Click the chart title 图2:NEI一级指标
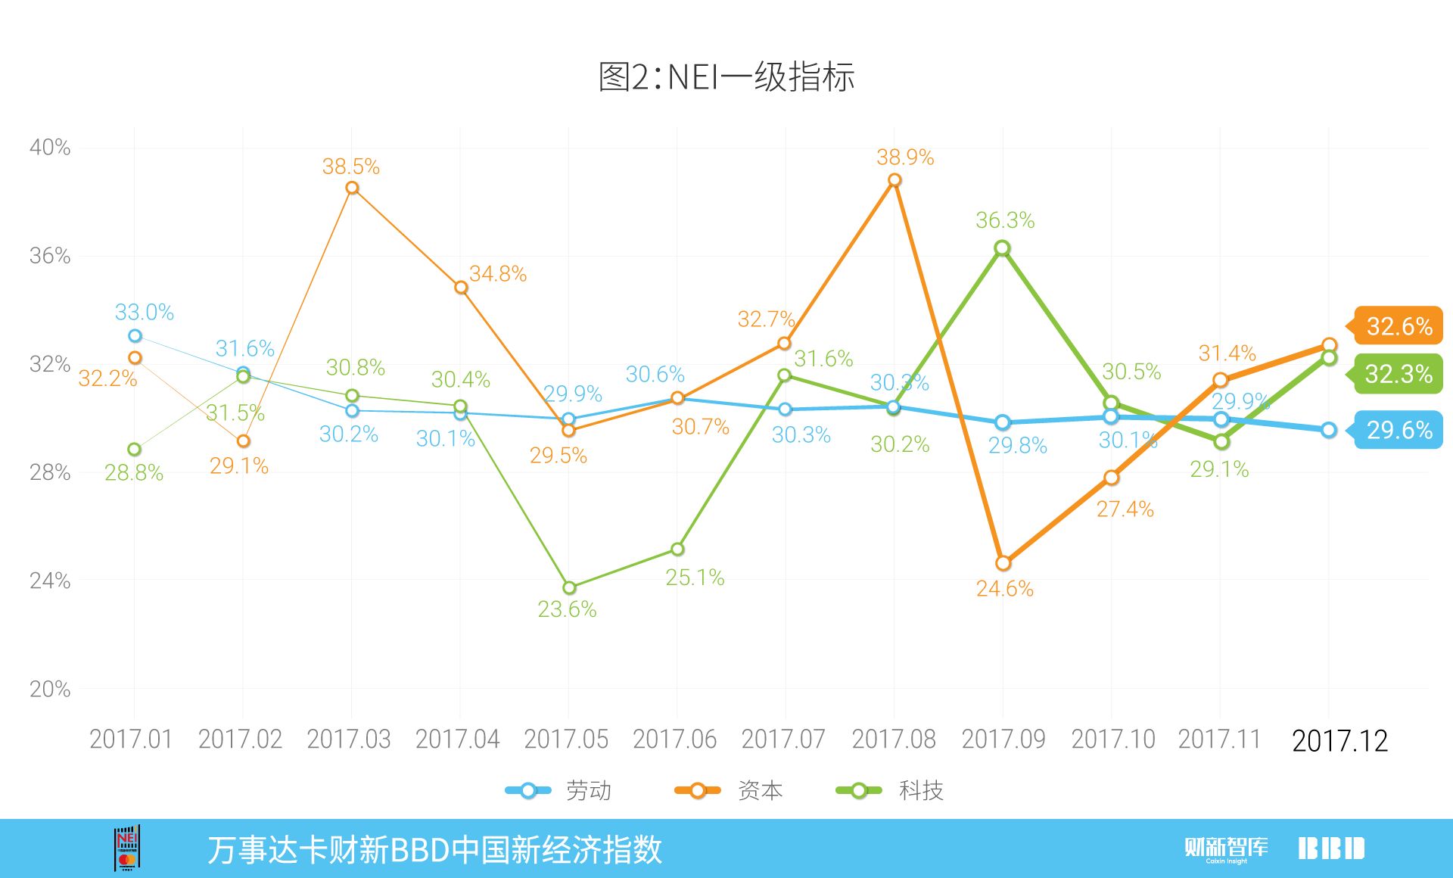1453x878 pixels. point(726,76)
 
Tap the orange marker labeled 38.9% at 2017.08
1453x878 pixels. point(895,180)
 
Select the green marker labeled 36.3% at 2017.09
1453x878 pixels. point(1002,248)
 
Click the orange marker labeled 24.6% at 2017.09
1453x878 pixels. point(1003,563)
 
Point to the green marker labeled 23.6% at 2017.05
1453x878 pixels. point(569,587)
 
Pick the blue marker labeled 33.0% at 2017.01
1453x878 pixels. point(135,336)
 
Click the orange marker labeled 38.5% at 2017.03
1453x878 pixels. point(352,188)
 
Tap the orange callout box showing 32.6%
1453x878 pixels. point(1398,326)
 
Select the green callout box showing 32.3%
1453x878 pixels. point(1398,374)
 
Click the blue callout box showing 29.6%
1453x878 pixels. point(1398,430)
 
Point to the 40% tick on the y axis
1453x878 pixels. point(50,147)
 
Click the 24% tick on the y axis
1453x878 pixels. point(50,581)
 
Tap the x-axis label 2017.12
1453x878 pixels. point(1339,741)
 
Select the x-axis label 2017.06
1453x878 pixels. point(674,739)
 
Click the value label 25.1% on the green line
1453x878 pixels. point(695,578)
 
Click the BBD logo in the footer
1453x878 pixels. point(1331,848)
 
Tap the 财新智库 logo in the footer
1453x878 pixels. point(1226,848)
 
